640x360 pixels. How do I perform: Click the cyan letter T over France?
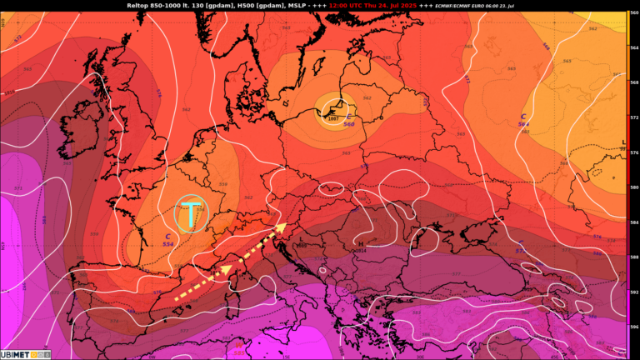pyautogui.click(x=192, y=214)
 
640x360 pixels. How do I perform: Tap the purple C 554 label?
pyautogui.click(x=168, y=240)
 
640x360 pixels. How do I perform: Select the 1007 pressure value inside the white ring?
pyautogui.click(x=332, y=118)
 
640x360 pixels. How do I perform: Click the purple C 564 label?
pyautogui.click(x=523, y=120)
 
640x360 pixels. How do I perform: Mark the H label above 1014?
pyautogui.click(x=360, y=243)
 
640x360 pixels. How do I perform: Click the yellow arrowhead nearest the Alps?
pyautogui.click(x=281, y=226)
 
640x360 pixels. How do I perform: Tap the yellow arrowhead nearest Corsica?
pyautogui.click(x=225, y=269)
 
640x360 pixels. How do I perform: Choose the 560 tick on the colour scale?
pyautogui.click(x=633, y=12)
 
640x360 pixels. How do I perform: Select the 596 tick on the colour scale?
pyautogui.click(x=633, y=327)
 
